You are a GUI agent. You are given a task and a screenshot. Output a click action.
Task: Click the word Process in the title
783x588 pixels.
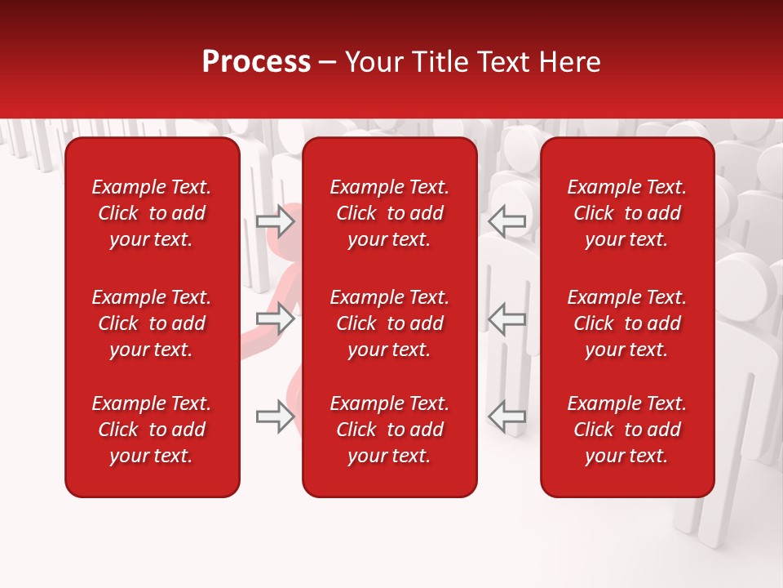(x=256, y=62)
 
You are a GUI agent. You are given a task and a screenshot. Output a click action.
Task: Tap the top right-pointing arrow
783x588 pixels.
(x=275, y=220)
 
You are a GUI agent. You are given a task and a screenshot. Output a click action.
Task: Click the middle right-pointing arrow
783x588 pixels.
(x=275, y=318)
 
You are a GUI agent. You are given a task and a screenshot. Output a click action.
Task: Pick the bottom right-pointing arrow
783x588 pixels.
(x=275, y=416)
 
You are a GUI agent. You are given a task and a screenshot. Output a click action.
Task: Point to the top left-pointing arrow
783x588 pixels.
(x=507, y=220)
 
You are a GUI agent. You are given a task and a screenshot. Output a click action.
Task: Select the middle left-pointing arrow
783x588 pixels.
(x=507, y=318)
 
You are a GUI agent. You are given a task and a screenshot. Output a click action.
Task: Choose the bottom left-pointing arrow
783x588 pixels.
(x=507, y=416)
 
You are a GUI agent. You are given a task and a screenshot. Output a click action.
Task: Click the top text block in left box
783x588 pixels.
(x=152, y=213)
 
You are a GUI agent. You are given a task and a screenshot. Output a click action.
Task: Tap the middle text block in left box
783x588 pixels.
(x=152, y=323)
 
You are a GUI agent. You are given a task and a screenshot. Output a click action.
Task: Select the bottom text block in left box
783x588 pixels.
(x=152, y=430)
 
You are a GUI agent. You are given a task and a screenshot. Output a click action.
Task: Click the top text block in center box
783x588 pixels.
(x=390, y=213)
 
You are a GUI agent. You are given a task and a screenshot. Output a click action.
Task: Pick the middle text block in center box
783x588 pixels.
(x=390, y=323)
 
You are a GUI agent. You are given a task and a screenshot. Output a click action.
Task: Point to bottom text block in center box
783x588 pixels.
(x=390, y=430)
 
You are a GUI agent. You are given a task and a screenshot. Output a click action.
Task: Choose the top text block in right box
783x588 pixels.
(x=627, y=213)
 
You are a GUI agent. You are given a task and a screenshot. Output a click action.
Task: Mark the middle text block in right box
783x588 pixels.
(x=627, y=323)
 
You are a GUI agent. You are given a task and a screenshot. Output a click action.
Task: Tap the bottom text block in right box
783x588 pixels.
(x=627, y=430)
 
